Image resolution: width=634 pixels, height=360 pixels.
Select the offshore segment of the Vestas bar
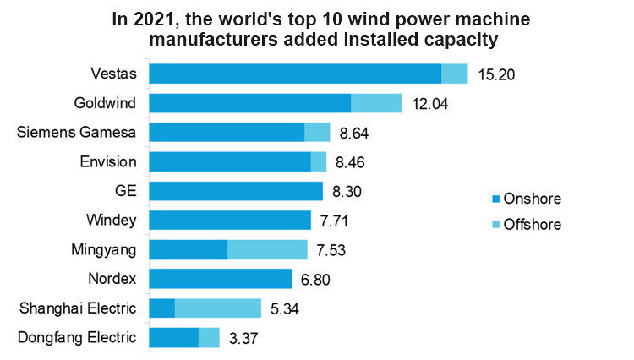(x=455, y=74)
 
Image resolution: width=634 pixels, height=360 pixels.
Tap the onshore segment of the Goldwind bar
(x=249, y=103)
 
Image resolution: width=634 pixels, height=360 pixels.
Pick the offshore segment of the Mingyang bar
(x=267, y=249)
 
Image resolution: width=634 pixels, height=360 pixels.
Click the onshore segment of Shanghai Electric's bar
(x=161, y=308)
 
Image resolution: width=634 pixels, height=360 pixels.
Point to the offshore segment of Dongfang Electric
(x=209, y=337)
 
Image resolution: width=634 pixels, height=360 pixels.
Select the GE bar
(x=236, y=191)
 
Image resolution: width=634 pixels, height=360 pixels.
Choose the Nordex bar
(x=221, y=279)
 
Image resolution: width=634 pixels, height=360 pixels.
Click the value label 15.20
(x=496, y=74)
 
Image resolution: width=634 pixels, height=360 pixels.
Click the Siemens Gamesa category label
(x=77, y=132)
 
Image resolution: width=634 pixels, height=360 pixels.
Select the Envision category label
(x=108, y=161)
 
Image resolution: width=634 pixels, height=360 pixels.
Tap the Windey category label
(x=112, y=220)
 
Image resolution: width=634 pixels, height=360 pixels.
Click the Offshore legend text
(x=533, y=224)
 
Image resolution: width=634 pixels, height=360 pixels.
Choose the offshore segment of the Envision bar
(x=319, y=161)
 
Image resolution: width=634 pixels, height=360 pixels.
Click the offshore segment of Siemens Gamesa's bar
(x=317, y=132)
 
